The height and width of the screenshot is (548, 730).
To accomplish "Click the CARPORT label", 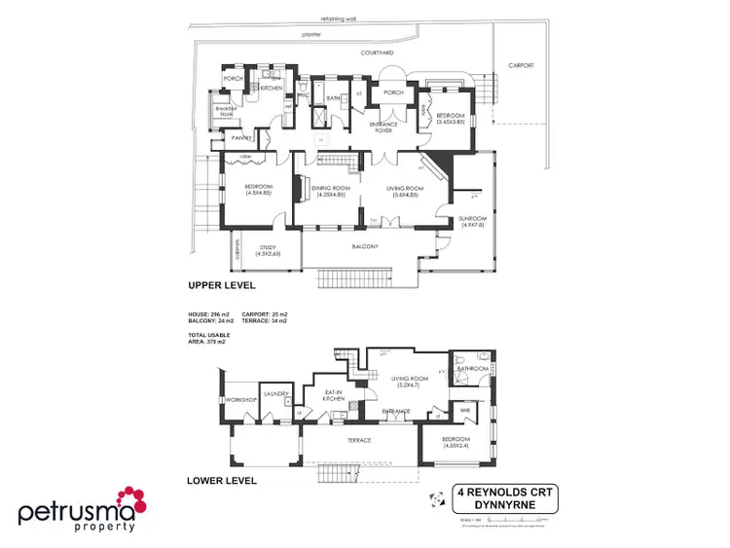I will click(x=521, y=65).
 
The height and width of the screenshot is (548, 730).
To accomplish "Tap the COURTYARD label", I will click(x=376, y=52).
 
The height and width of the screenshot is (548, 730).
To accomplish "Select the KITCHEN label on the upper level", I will click(x=271, y=89).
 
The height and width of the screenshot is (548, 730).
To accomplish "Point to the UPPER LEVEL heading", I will click(x=221, y=286).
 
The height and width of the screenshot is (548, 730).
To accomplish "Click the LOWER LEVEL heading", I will click(x=221, y=480).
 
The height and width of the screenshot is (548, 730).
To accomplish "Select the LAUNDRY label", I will click(x=272, y=394).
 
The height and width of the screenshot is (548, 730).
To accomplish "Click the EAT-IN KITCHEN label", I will click(x=336, y=397).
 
